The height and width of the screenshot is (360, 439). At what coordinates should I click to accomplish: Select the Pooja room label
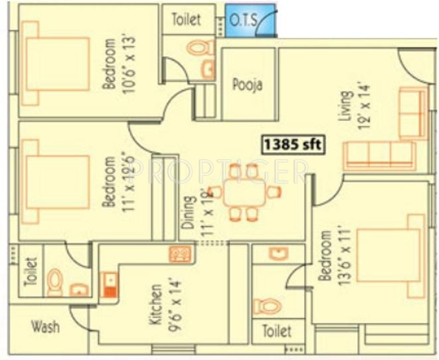247,85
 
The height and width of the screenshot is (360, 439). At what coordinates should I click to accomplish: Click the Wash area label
45,327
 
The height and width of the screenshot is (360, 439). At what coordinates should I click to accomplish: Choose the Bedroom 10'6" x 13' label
116,63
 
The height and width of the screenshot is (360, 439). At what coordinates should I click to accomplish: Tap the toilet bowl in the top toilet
199,48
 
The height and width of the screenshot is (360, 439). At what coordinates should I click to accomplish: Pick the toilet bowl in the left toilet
56,283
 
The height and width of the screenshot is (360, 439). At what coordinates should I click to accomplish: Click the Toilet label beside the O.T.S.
186,19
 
